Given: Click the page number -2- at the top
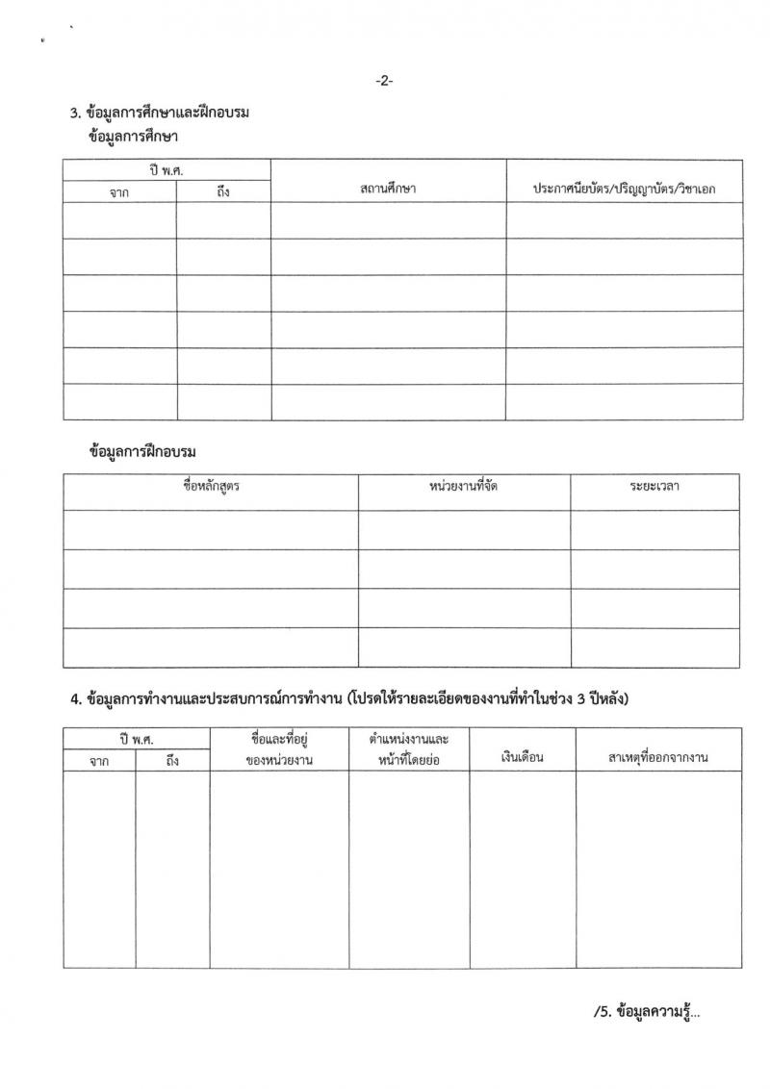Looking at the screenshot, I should [384, 81].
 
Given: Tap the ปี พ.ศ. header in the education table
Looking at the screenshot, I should [167, 170].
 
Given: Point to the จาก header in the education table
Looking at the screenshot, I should [119, 191].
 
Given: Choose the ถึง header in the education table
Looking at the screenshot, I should [223, 191].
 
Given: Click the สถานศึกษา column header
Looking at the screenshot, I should [388, 190].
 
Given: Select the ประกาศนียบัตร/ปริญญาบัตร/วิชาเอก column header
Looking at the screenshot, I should [625, 190].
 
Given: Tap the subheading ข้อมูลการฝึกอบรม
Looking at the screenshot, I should [148, 450].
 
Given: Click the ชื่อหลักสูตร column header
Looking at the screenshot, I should [211, 486].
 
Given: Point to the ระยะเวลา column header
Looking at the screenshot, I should [654, 486].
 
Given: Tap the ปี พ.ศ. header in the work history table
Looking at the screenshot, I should [137, 739].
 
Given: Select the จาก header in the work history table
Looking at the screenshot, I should [99, 760].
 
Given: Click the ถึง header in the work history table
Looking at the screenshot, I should [172, 760].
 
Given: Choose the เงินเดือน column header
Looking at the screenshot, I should [523, 757].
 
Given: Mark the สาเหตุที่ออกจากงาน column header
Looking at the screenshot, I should [658, 757].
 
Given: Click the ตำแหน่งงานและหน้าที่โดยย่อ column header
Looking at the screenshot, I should [409, 749].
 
